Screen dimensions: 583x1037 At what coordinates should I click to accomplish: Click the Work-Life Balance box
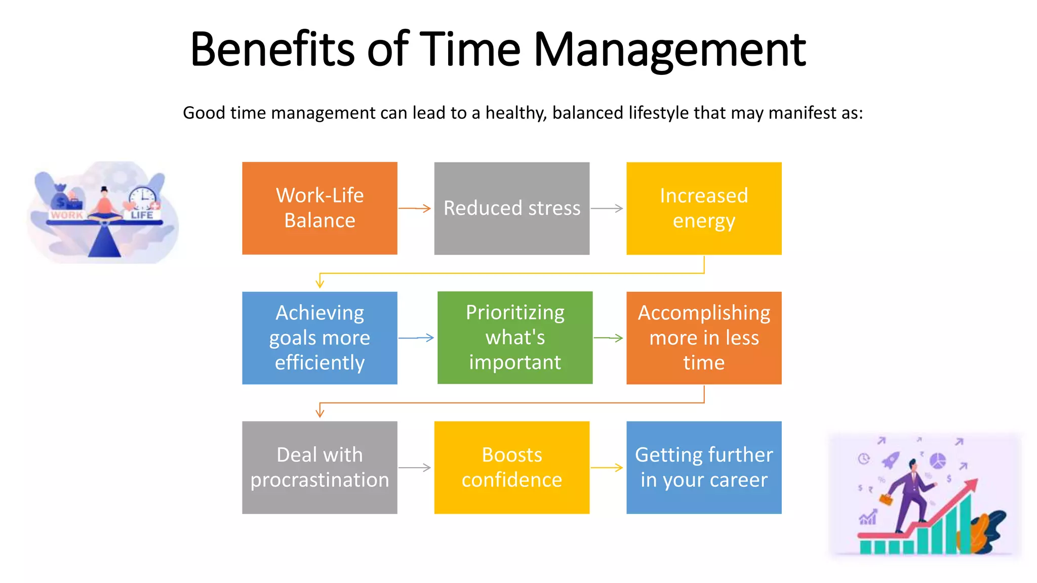click(x=320, y=208)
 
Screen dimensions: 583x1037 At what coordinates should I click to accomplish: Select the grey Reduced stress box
click(x=511, y=208)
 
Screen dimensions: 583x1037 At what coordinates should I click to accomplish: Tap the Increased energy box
click(x=704, y=208)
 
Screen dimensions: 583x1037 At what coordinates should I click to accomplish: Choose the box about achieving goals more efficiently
click(x=320, y=338)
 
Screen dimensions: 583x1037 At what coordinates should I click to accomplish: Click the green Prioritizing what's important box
click(x=514, y=338)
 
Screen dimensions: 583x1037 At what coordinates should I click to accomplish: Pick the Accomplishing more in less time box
click(x=704, y=338)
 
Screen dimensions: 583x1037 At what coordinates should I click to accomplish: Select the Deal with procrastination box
click(x=320, y=467)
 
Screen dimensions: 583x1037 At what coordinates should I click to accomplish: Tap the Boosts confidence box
click(x=511, y=467)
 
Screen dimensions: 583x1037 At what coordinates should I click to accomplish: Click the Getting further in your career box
click(x=704, y=467)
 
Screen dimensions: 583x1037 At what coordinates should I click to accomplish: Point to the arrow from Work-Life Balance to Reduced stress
click(x=415, y=208)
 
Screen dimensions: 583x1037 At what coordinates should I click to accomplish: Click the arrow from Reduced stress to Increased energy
click(x=607, y=208)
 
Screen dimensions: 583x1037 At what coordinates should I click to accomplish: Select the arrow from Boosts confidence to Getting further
click(x=607, y=467)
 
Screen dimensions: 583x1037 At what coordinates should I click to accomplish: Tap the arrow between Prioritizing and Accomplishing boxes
click(x=609, y=338)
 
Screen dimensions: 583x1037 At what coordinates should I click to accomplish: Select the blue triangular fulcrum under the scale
click(x=105, y=241)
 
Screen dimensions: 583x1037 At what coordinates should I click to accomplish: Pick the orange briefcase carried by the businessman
click(x=886, y=499)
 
